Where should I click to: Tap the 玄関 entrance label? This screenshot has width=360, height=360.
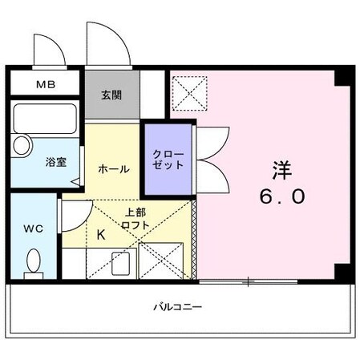[111, 94]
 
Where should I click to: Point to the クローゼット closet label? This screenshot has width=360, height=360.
[168, 158]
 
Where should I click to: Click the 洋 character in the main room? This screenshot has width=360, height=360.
[281, 170]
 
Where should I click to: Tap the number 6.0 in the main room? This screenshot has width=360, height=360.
[281, 197]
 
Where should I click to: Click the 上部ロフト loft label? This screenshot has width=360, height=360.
[135, 219]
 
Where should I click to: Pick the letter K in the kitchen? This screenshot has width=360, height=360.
[102, 236]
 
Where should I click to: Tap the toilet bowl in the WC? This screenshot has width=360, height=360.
[34, 262]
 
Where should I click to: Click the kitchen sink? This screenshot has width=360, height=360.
[120, 263]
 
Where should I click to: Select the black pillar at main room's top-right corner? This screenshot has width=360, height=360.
[343, 78]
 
